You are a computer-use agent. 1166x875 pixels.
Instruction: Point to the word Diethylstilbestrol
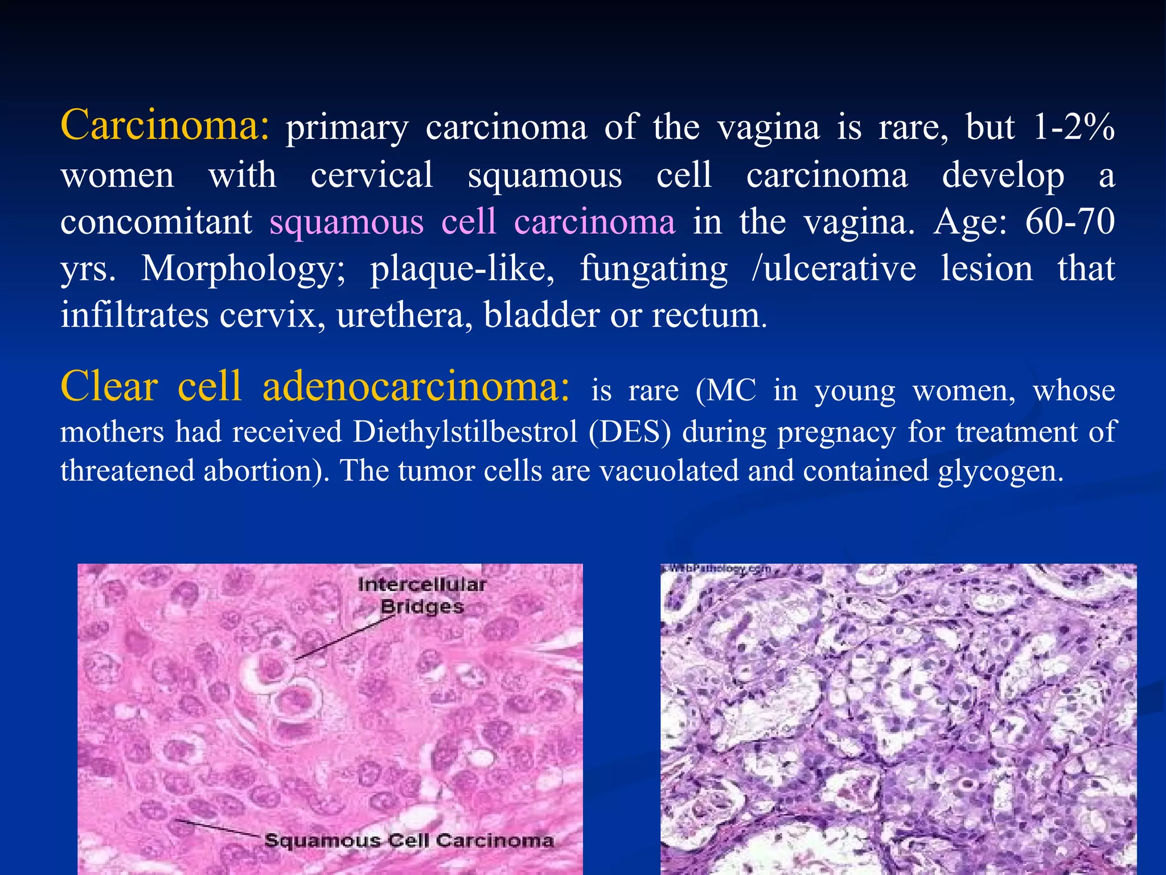[465, 432]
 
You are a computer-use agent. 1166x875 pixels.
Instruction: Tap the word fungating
[654, 269]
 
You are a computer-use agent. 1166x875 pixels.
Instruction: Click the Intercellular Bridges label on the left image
[422, 595]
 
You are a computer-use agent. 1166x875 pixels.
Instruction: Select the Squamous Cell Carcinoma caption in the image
[409, 840]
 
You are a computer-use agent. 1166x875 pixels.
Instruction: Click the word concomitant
[157, 222]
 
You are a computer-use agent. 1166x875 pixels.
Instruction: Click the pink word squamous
[347, 222]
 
